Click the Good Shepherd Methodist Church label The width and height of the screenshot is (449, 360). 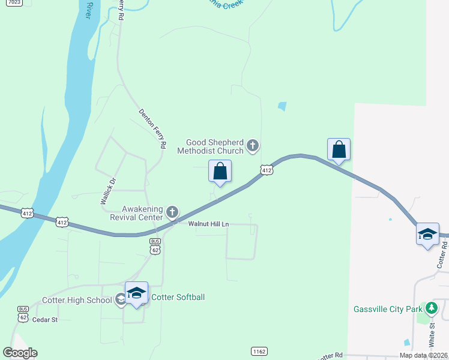coord(212,146)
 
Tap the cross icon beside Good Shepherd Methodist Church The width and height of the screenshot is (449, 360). coord(253,145)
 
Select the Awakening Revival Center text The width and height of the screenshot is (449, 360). coord(136,213)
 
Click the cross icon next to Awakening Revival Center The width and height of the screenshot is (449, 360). coord(172,212)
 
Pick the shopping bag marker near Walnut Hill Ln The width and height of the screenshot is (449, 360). coord(220,172)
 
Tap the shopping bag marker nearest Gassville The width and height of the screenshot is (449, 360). coord(339,150)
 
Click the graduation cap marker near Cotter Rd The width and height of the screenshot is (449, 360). coord(427,234)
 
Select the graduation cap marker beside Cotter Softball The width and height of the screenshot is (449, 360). coord(137,293)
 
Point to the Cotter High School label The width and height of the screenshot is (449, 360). coord(76,300)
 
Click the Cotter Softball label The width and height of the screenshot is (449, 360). coord(178,297)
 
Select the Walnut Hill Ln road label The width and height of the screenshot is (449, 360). coord(209,224)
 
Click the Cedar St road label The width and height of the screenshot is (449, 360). coord(46,320)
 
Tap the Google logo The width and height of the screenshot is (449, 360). coord(20,353)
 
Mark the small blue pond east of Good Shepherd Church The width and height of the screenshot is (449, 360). coord(282,107)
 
